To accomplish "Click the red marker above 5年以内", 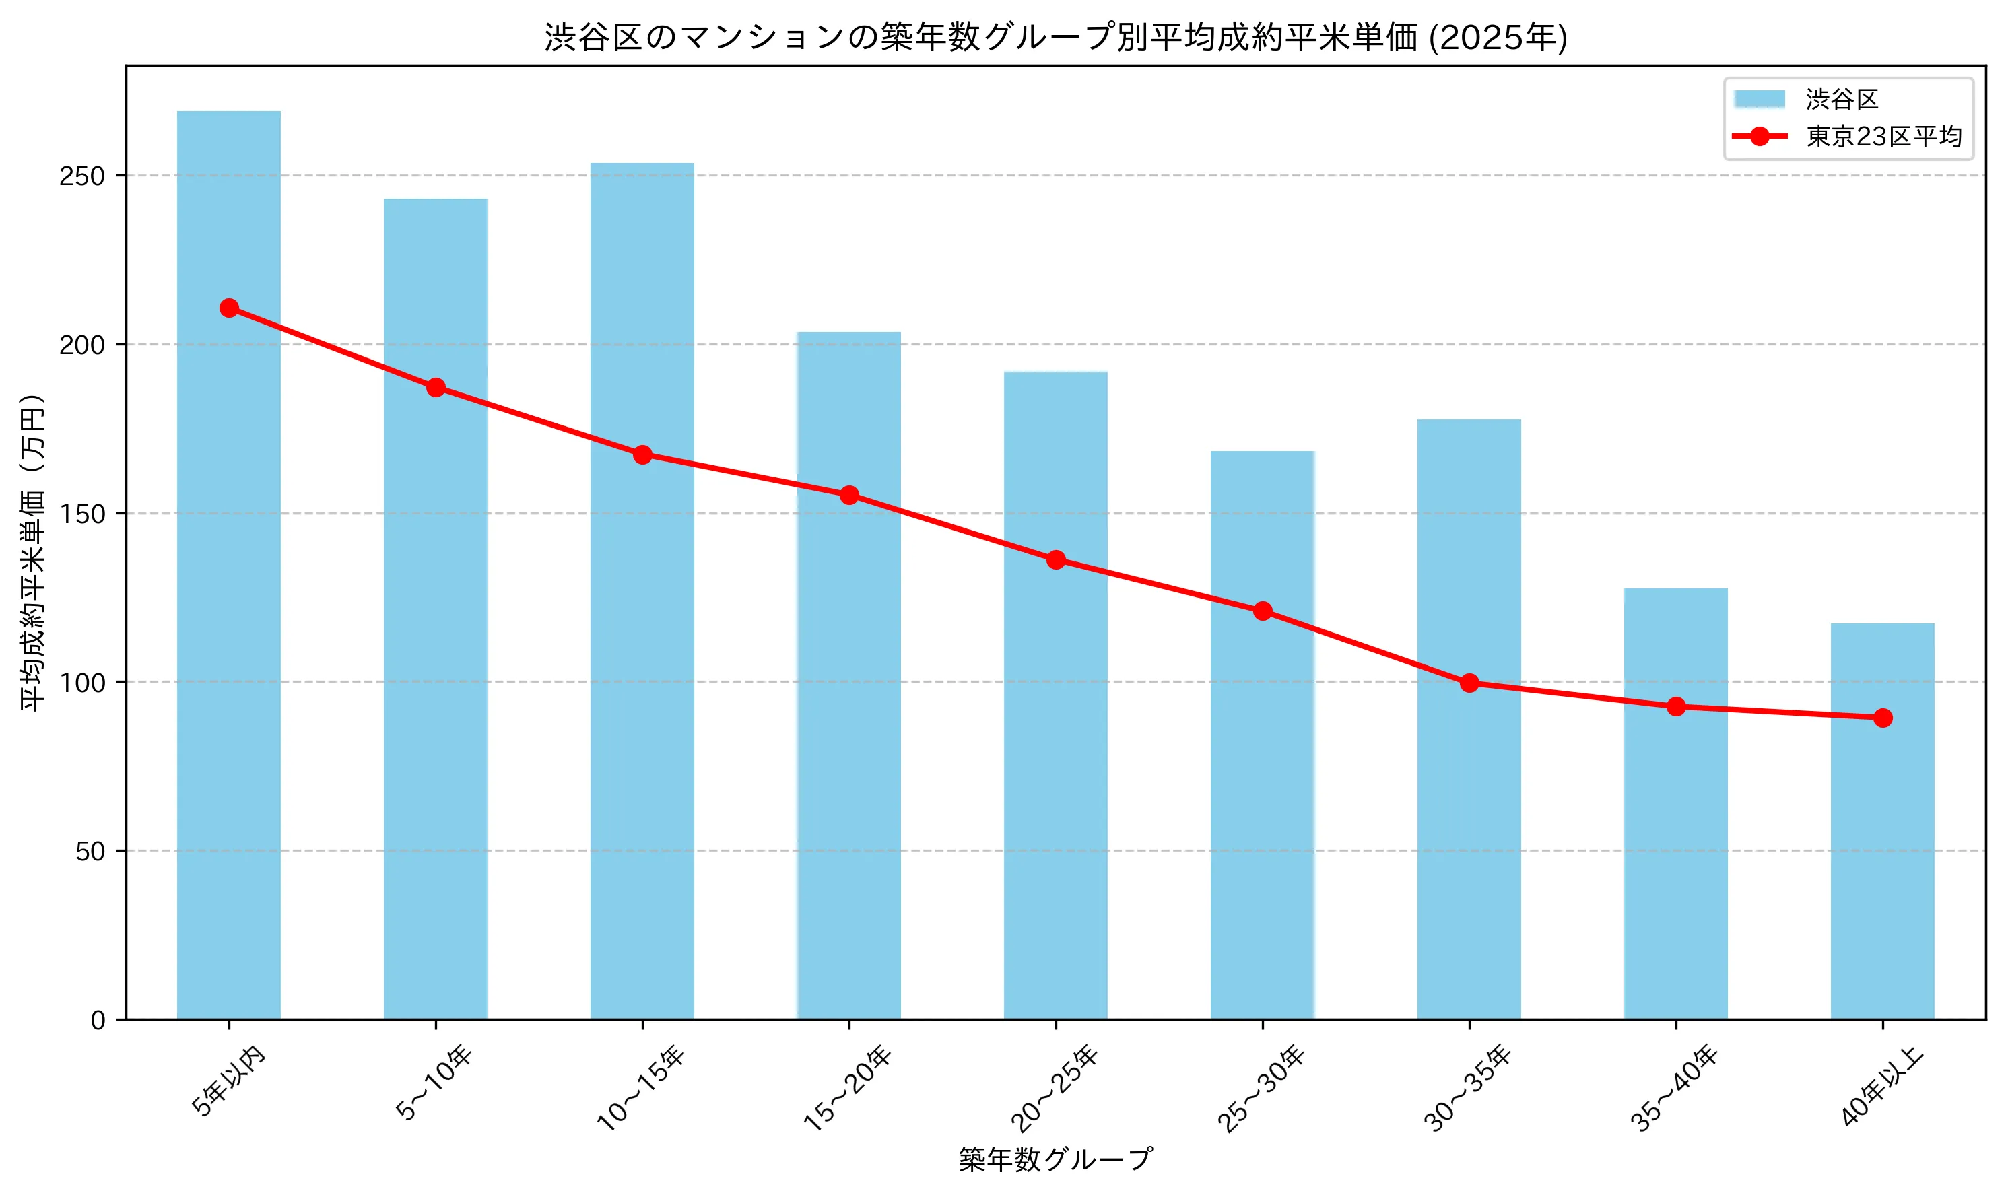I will coord(229,308).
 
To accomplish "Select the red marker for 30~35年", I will coord(1469,683).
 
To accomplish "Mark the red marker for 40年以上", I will coord(1882,718).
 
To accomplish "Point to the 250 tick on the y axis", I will coord(82,176).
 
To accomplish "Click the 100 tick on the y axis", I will coord(82,682).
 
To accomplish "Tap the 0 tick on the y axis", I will coord(98,1020).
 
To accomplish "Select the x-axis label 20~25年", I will coord(1054,1089).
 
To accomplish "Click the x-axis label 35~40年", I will coord(1674,1089).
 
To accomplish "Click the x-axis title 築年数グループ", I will coord(1055,1159).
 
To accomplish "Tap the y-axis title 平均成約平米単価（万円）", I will coord(33,551).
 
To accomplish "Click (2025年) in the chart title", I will coord(1498,37).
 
